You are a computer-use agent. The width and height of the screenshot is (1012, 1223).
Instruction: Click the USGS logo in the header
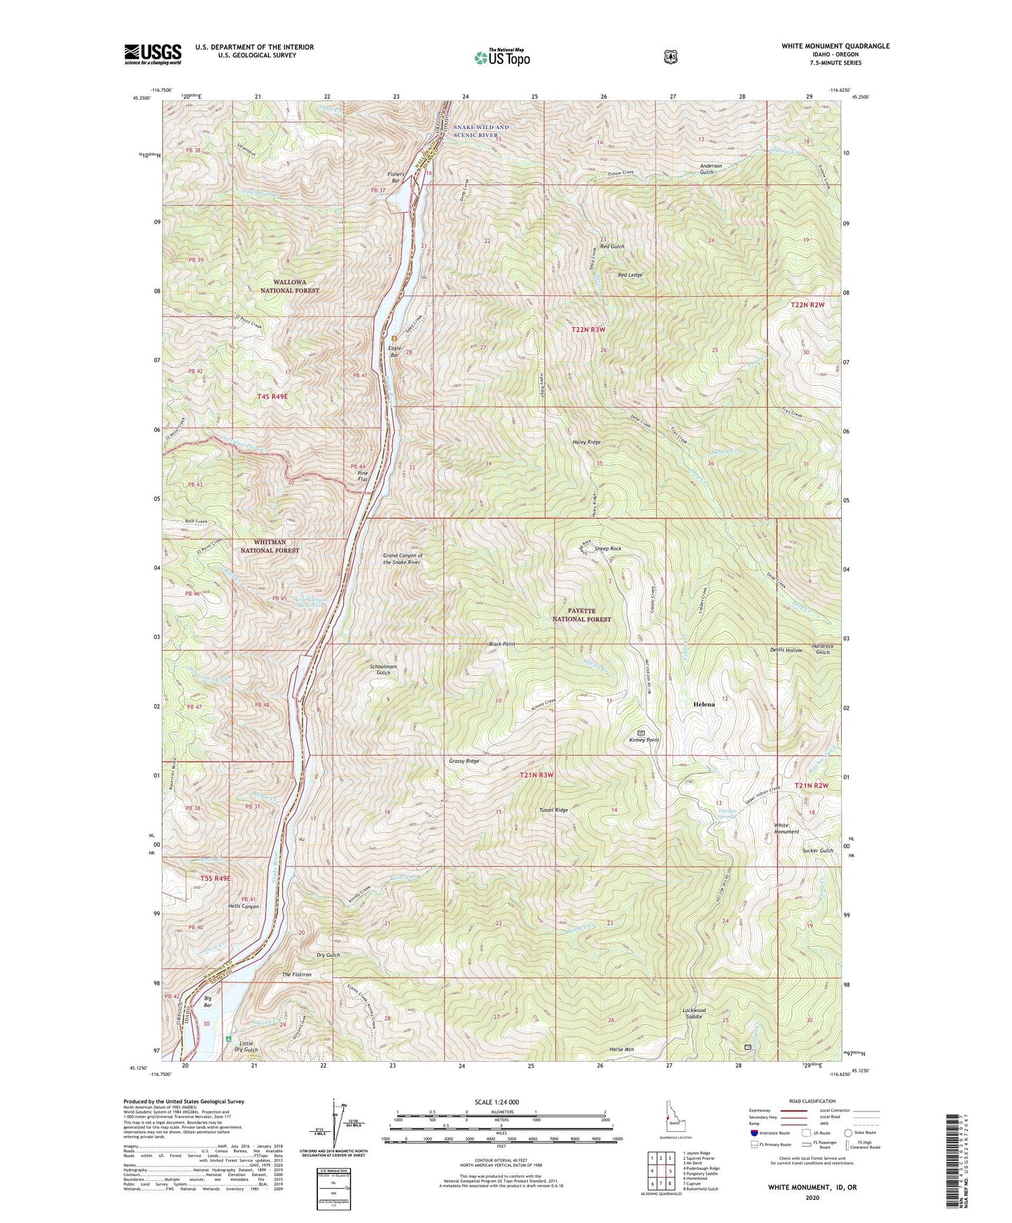[153, 54]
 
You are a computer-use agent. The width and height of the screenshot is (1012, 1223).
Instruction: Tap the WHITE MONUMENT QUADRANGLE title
[836, 46]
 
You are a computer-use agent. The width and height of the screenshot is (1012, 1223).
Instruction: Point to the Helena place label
[704, 704]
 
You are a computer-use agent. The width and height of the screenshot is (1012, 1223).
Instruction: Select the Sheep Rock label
[607, 548]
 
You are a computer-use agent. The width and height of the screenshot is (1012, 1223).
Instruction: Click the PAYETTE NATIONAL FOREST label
[581, 615]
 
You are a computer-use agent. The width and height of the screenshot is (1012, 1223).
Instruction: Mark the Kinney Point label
[644, 740]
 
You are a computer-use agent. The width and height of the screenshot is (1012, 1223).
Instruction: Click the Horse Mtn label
[621, 1049]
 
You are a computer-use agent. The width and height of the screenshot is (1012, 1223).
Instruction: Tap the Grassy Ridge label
[464, 761]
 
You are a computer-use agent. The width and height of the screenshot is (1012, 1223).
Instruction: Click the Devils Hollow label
[785, 650]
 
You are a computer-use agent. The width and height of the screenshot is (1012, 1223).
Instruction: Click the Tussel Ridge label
[553, 810]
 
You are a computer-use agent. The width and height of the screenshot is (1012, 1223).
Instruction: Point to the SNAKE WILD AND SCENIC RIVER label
[480, 131]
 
